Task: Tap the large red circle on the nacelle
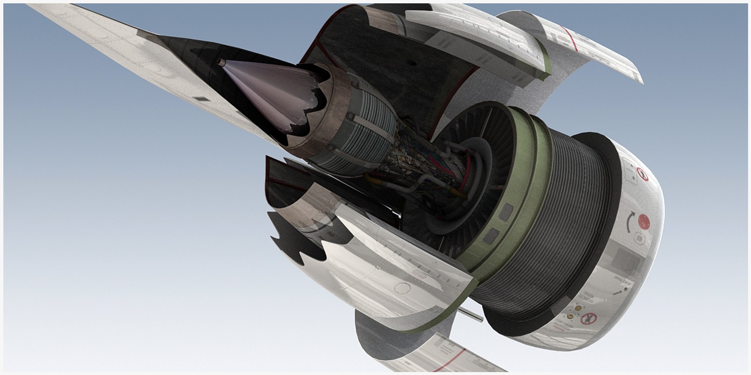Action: tap(644, 221)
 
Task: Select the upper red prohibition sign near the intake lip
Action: tap(642, 175)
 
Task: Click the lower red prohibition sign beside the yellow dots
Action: tap(586, 319)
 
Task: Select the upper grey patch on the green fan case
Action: tap(506, 211)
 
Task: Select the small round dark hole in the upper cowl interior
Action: tap(412, 62)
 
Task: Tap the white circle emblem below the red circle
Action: tap(639, 238)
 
